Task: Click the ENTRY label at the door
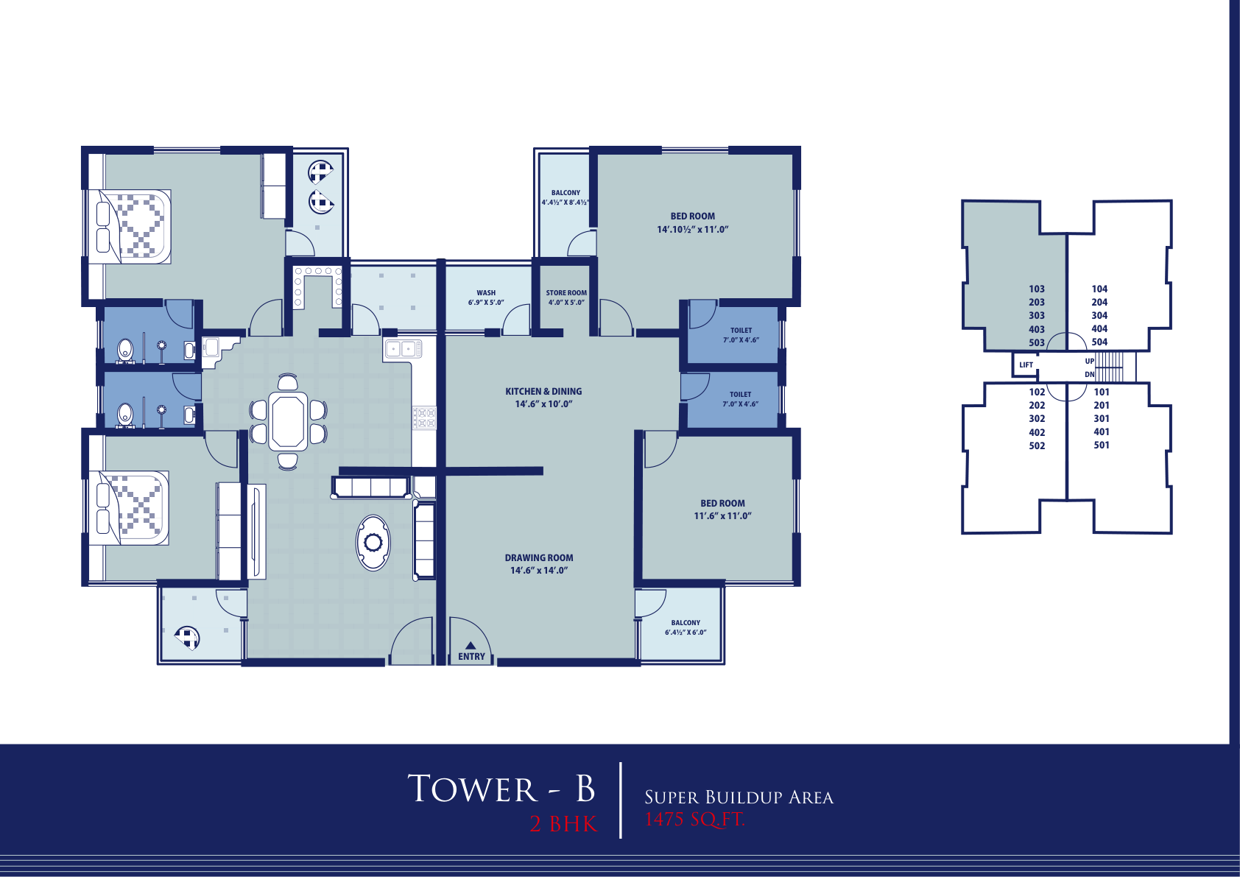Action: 471,656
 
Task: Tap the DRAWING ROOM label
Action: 538,557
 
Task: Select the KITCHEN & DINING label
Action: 543,391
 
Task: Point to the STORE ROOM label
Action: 566,293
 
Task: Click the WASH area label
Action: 486,293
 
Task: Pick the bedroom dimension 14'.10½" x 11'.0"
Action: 692,229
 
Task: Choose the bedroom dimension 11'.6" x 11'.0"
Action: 722,515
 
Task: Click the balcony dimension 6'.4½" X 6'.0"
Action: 686,633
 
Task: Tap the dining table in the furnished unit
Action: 288,420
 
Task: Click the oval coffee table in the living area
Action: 373,543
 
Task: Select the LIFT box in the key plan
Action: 1025,364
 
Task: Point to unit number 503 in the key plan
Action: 1037,342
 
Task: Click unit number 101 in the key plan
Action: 1101,392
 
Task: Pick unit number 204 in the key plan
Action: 1099,303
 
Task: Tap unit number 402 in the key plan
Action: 1037,432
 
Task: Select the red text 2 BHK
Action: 563,824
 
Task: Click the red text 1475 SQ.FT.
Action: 694,819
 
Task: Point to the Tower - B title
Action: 501,789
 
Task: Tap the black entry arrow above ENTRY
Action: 470,645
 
